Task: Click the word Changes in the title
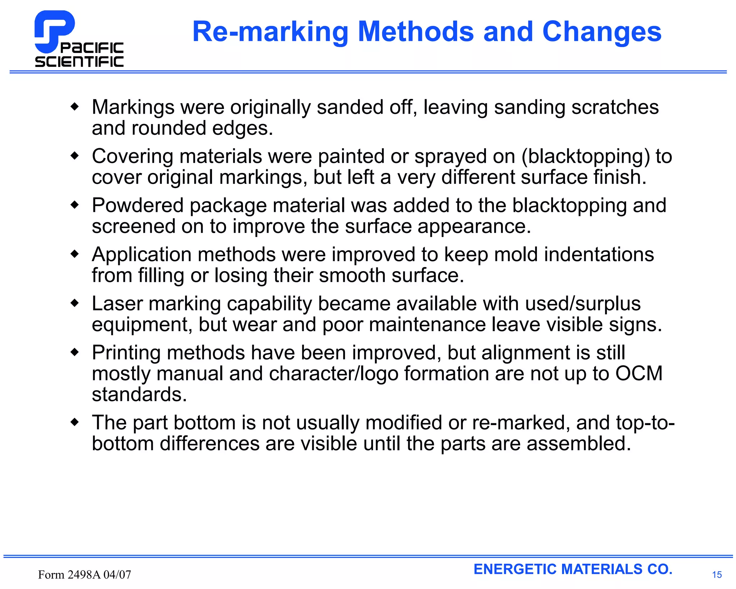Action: click(602, 32)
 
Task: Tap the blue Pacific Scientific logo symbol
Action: click(54, 31)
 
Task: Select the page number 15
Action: click(717, 575)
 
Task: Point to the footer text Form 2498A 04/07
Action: click(84, 575)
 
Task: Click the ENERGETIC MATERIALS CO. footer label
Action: click(573, 569)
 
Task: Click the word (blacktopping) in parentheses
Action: click(586, 156)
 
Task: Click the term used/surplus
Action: click(583, 303)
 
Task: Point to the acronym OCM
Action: click(639, 373)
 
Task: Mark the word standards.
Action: click(139, 394)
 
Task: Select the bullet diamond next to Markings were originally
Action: click(75, 106)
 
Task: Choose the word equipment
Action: click(139, 325)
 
